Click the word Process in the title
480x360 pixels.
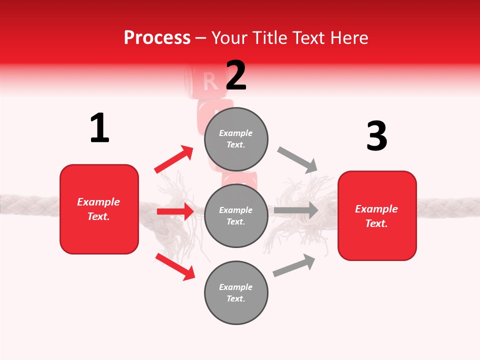coord(157,38)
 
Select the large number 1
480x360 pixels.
coord(99,128)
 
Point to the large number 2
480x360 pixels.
coord(236,75)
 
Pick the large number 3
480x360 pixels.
coord(376,136)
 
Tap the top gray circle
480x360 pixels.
coord(236,139)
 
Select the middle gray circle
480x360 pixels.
coord(236,215)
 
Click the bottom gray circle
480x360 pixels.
coord(236,292)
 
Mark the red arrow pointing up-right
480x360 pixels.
coord(174,159)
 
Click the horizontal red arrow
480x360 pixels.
coord(175,211)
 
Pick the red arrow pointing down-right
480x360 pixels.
coord(175,266)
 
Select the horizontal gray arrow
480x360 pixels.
coord(296,210)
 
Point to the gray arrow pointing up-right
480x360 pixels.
coord(294,265)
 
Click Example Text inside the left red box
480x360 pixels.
coord(98,209)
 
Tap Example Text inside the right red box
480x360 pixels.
coord(376,216)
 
